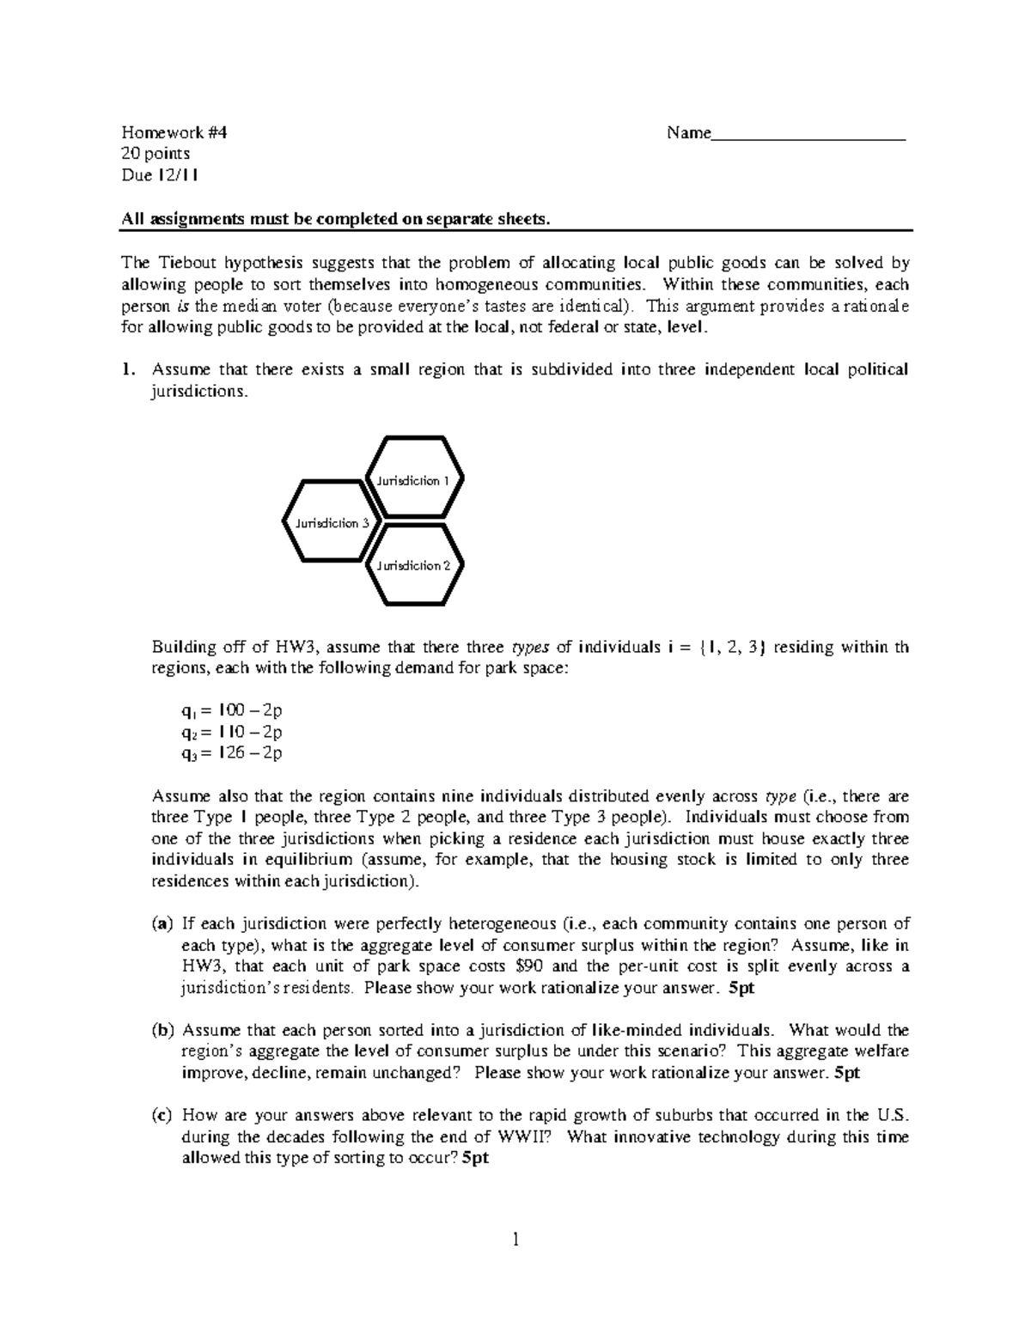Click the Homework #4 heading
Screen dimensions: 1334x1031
click(x=174, y=133)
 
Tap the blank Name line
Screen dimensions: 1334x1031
click(x=808, y=135)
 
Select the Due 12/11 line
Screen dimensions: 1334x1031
click(x=160, y=175)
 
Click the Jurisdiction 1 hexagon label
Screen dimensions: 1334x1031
click(x=412, y=481)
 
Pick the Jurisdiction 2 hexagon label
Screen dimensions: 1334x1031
click(x=413, y=565)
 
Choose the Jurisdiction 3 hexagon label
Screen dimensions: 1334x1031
click(x=332, y=523)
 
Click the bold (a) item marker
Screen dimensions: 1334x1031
click(x=162, y=924)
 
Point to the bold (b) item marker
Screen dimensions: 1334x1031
click(x=162, y=1030)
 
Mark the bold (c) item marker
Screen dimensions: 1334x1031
click(x=162, y=1116)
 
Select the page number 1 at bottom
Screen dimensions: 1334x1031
click(x=515, y=1240)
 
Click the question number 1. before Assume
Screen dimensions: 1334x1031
click(x=129, y=370)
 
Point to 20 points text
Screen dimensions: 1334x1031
click(x=156, y=155)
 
